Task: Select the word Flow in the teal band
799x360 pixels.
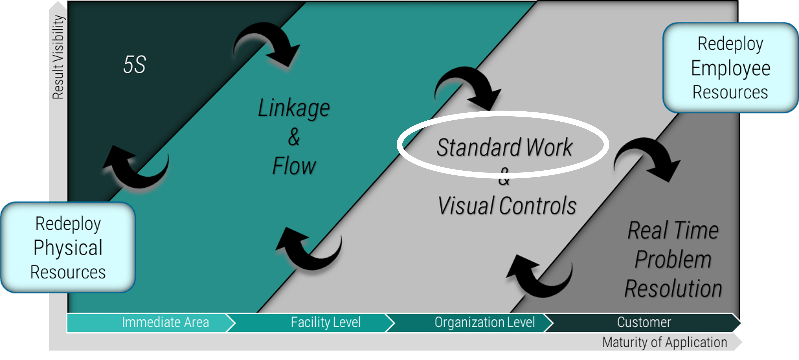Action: tap(294, 166)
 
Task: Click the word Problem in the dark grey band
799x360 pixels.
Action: tap(673, 259)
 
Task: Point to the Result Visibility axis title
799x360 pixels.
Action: tap(58, 57)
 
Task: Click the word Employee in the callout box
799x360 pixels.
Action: tap(730, 68)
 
